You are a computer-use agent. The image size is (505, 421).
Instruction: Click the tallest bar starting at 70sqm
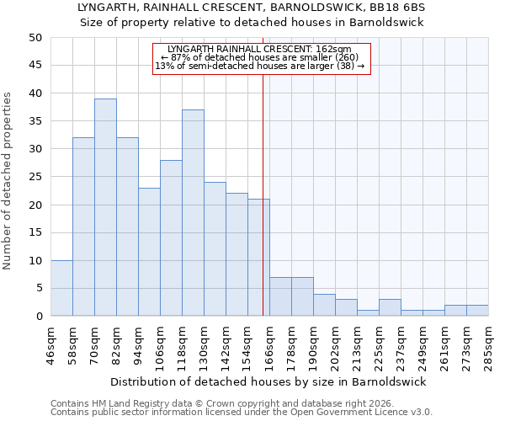pos(105,207)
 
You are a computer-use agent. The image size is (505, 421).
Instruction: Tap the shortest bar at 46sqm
pos(61,288)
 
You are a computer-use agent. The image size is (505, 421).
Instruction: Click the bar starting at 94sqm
pos(149,252)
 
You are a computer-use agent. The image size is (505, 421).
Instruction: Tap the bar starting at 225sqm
pos(390,307)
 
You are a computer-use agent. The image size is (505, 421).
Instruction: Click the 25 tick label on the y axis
pos(35,177)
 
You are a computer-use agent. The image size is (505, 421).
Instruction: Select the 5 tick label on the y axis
pos(39,289)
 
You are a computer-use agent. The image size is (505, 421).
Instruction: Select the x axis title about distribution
pos(268,381)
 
